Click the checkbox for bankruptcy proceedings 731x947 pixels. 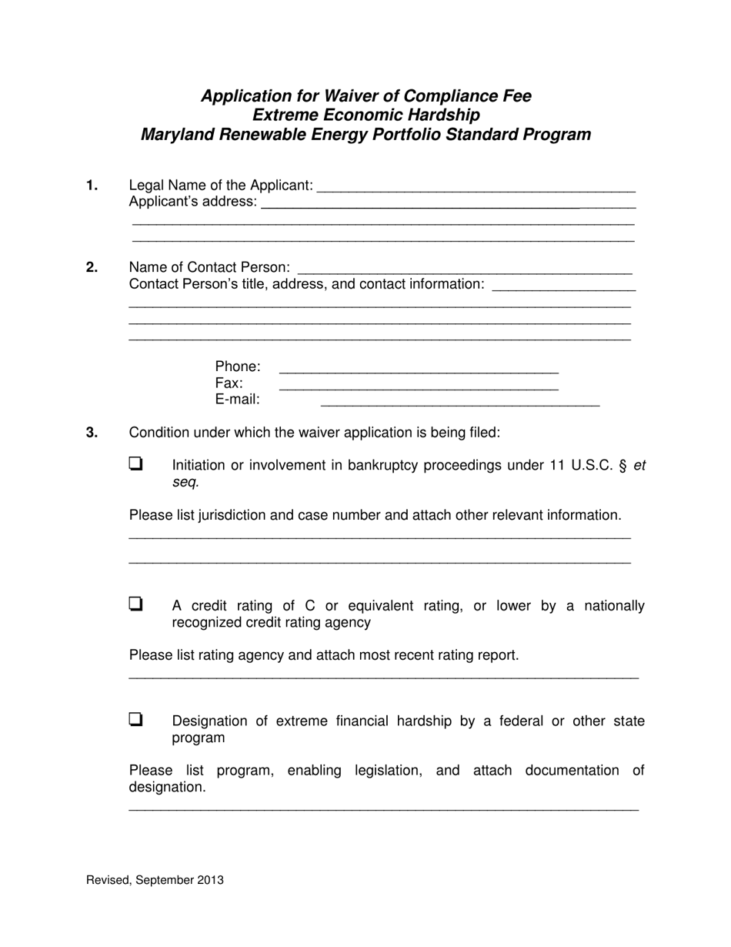[135, 463]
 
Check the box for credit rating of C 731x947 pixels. [135, 604]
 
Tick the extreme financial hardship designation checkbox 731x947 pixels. [135, 720]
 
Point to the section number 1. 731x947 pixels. [92, 186]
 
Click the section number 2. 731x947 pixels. [92, 267]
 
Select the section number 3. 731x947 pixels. [92, 433]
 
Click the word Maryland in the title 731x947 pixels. [175, 135]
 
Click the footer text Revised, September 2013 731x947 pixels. [155, 880]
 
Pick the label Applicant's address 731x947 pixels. [192, 202]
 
